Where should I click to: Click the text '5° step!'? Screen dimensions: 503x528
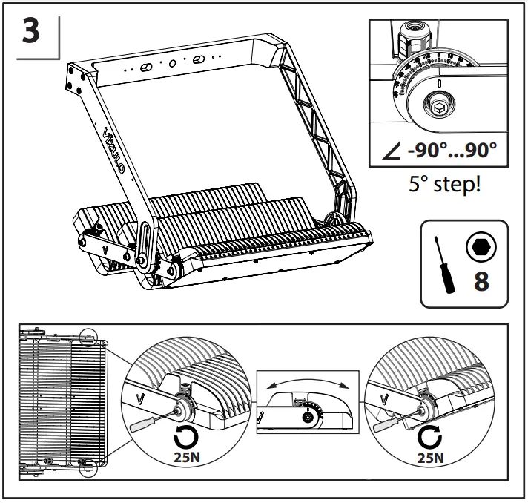[x=443, y=183]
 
